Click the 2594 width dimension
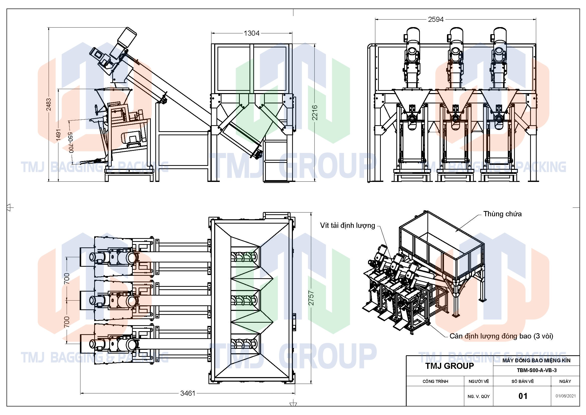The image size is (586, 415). point(436,19)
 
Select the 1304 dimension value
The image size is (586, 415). point(251,33)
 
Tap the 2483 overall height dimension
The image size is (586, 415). point(49,104)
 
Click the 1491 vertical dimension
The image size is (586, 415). point(58,135)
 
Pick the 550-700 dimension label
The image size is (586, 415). point(71,142)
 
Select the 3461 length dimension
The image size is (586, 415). point(188,393)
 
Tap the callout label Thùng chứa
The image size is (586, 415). point(502,214)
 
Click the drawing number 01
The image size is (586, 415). point(523,396)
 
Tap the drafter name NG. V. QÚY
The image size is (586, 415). point(479,396)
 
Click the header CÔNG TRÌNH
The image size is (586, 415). point(435,381)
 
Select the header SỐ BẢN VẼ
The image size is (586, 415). point(522,381)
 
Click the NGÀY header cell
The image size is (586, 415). point(565,381)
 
